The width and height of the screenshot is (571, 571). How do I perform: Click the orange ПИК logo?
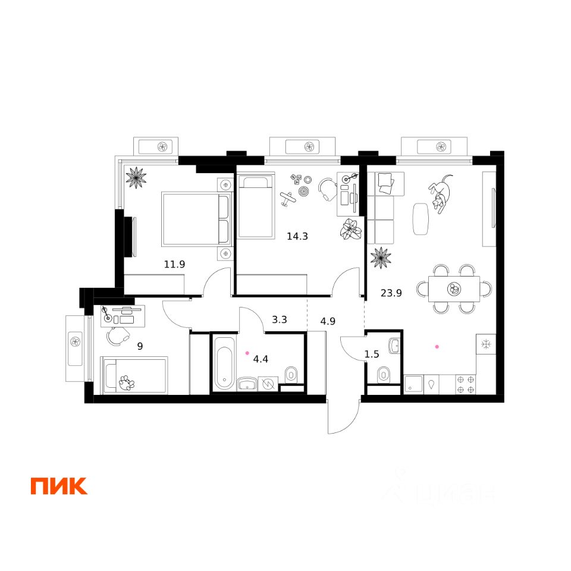click(59, 485)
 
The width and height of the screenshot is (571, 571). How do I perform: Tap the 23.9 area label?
click(391, 292)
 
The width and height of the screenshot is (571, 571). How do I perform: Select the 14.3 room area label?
click(297, 236)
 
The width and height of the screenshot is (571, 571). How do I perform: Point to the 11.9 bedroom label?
click(175, 263)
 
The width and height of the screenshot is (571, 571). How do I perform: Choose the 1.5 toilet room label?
click(372, 354)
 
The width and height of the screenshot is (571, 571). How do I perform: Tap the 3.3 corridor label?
click(280, 319)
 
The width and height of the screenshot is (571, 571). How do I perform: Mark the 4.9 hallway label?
click(328, 322)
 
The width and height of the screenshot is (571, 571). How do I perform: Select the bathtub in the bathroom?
click(224, 363)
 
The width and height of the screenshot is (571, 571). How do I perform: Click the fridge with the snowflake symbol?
click(486, 344)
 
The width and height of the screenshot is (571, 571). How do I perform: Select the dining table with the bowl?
click(454, 290)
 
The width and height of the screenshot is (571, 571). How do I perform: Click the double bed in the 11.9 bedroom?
click(196, 218)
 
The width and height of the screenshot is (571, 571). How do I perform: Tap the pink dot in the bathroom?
click(247, 353)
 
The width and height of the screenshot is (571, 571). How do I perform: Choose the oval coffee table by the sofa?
click(420, 218)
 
